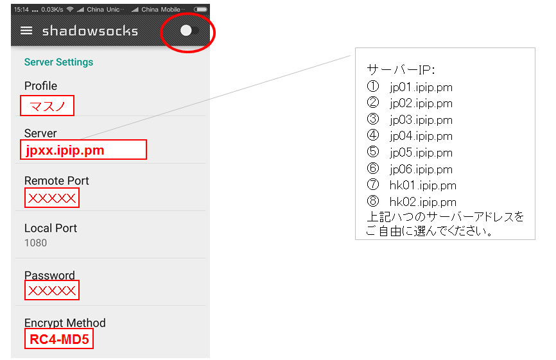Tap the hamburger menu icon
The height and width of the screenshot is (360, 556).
click(26, 31)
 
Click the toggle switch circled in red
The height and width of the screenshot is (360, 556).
click(189, 30)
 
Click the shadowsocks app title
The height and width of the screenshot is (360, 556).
click(90, 31)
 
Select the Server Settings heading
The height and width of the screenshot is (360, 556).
click(58, 62)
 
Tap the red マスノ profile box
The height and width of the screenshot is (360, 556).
click(47, 106)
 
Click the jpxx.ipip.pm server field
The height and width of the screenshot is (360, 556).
click(83, 150)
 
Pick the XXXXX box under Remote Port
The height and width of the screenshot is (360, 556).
click(52, 198)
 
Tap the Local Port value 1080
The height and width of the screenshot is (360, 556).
click(35, 243)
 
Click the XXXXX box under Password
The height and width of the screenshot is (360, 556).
click(52, 290)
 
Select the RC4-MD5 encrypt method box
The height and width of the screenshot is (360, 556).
click(59, 339)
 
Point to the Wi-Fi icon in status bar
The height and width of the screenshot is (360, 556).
click(70, 9)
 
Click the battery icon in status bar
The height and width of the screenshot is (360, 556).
click(200, 9)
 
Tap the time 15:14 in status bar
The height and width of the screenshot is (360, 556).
click(21, 10)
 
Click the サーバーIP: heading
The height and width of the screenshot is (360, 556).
click(401, 70)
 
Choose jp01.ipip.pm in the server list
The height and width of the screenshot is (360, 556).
click(421, 87)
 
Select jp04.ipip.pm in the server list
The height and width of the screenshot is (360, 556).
click(421, 136)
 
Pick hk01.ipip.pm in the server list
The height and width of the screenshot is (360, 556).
click(422, 185)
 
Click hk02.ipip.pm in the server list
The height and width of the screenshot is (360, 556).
click(422, 202)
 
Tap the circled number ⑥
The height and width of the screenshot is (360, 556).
click(372, 168)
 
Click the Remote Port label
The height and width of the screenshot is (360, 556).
click(56, 181)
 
